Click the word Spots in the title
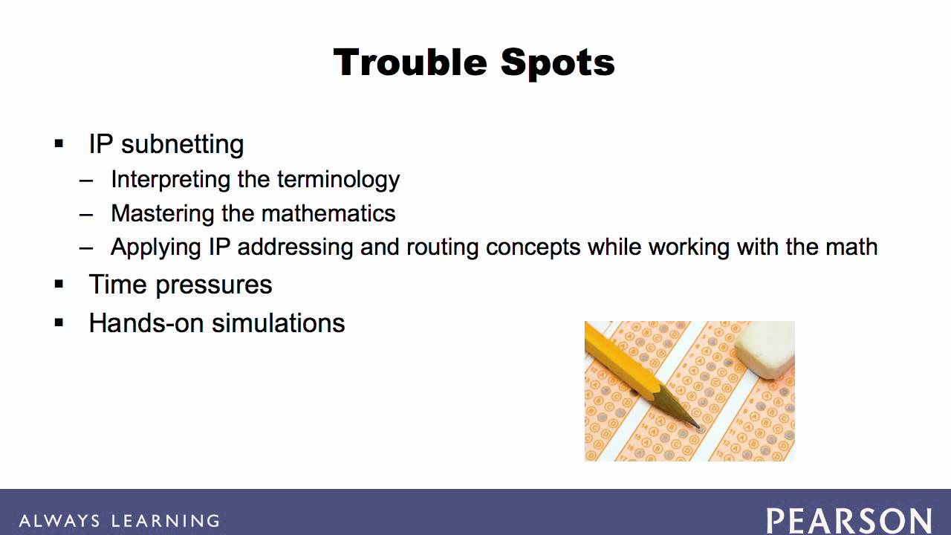(558, 64)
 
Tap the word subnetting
(183, 145)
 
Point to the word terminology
(338, 180)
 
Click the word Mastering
(162, 213)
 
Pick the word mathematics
(328, 213)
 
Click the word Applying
(156, 247)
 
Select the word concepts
(533, 248)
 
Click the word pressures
(213, 285)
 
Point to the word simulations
(279, 323)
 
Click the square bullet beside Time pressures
(59, 284)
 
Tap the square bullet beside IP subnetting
(59, 143)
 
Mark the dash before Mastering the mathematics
(85, 214)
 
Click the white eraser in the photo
(765, 349)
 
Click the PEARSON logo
(849, 521)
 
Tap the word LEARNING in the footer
(166, 521)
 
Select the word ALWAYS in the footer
(59, 521)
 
